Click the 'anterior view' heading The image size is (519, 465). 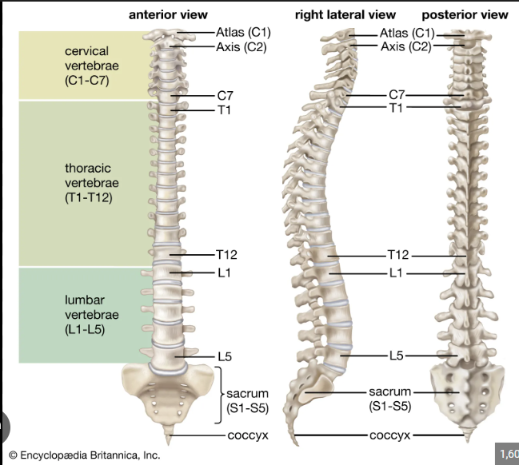(168, 15)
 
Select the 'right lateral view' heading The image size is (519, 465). (345, 15)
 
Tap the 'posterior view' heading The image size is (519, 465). (465, 15)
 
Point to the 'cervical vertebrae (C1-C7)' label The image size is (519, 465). (92, 66)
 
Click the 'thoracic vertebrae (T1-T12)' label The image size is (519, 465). (92, 183)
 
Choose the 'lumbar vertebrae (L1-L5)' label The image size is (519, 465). (92, 315)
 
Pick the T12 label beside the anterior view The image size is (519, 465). (227, 255)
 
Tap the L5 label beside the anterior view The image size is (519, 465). (225, 356)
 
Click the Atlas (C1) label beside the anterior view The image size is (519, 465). (243, 33)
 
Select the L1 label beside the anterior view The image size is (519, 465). (224, 273)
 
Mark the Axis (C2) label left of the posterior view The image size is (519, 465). (406, 46)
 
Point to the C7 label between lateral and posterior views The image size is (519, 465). (397, 95)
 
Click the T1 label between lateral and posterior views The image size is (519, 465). (396, 108)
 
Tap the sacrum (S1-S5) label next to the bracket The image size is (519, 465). (248, 401)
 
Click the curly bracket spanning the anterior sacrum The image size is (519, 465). (219, 395)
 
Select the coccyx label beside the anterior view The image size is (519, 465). (248, 435)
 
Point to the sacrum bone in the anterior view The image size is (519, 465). (167, 394)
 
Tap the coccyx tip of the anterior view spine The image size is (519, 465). (169, 443)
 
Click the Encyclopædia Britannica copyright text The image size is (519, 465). (85, 455)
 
